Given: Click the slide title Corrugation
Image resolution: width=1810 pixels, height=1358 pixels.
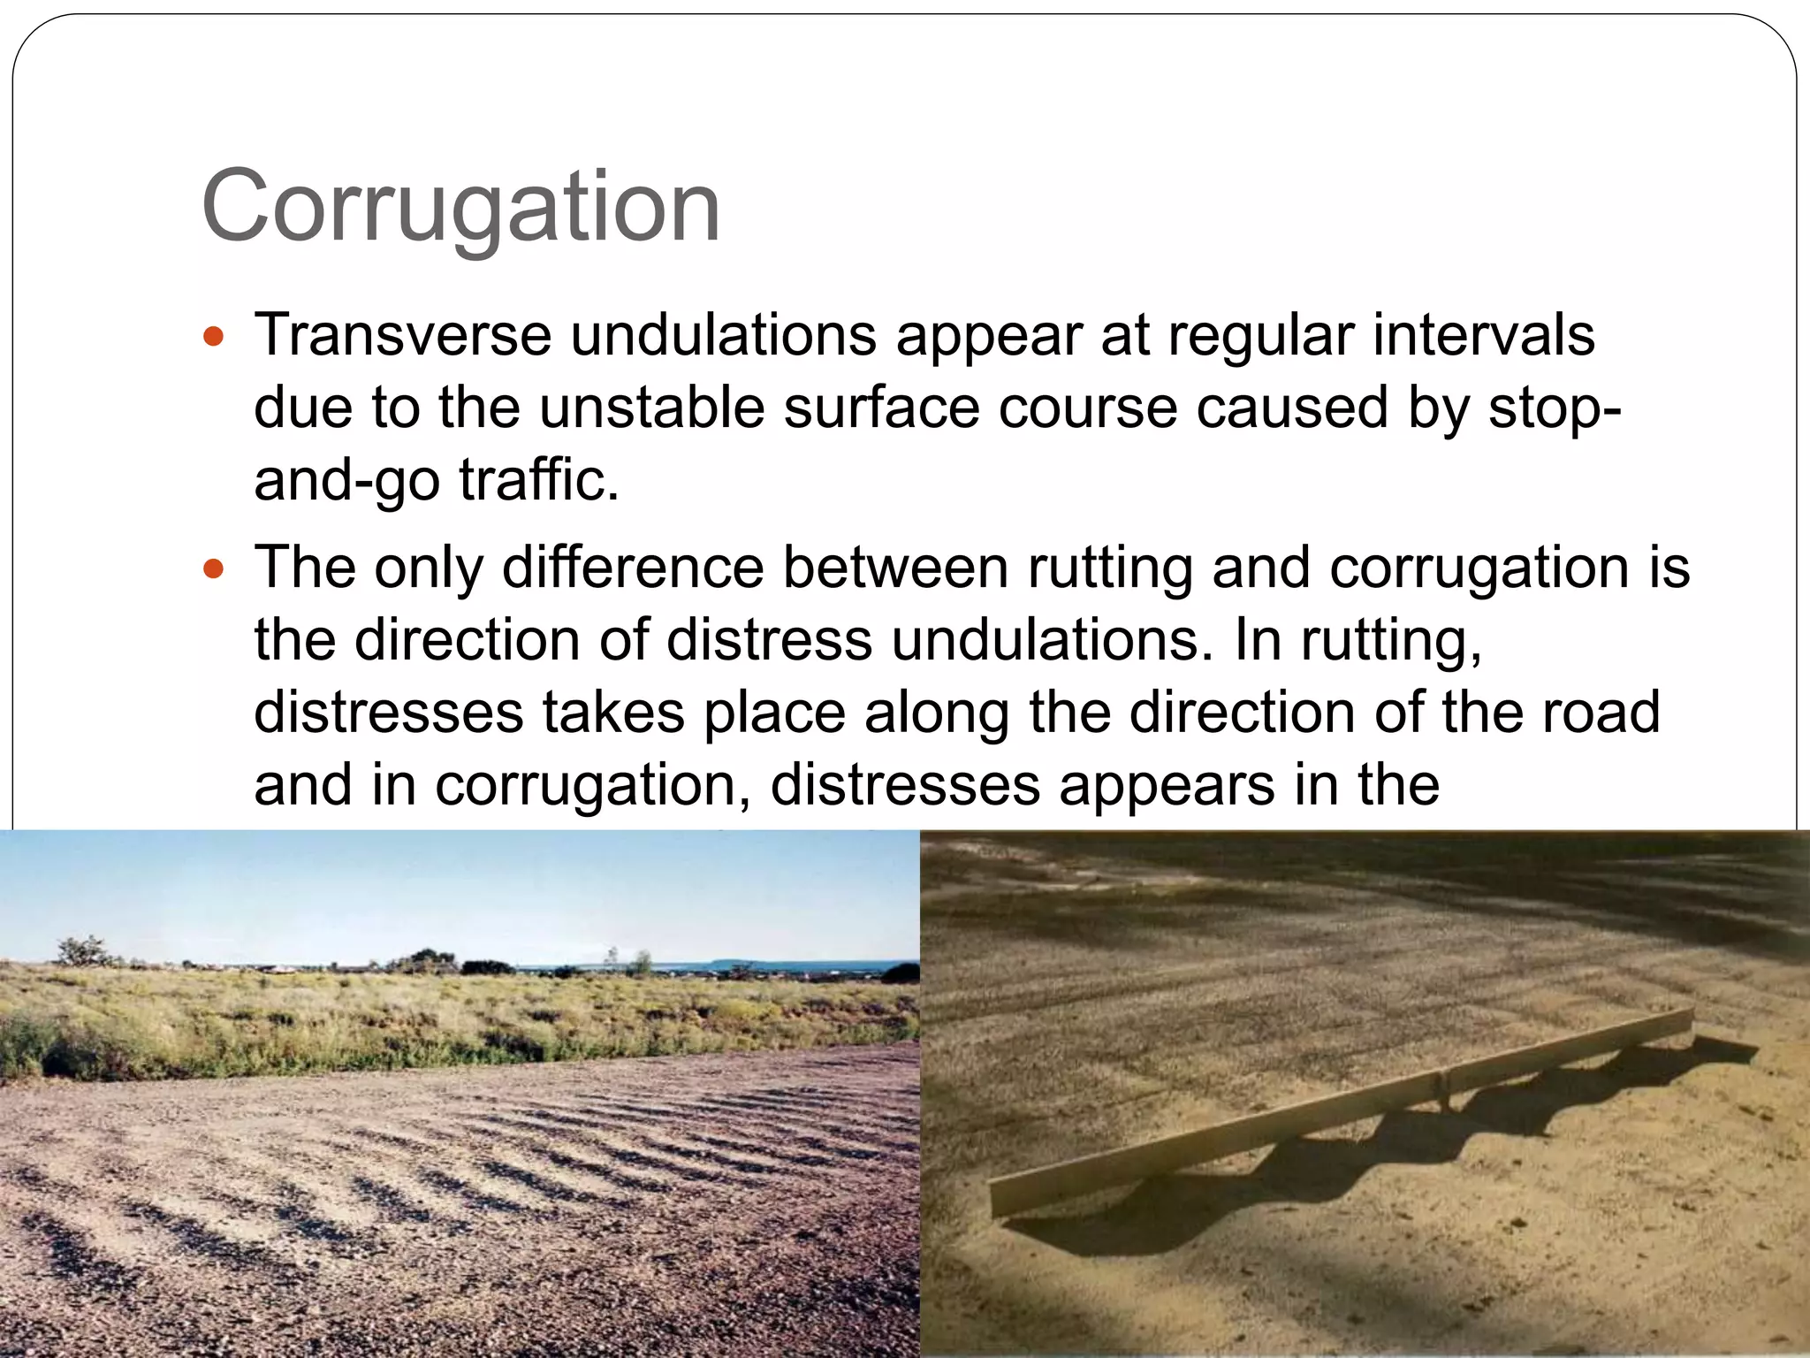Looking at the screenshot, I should pyautogui.click(x=460, y=207).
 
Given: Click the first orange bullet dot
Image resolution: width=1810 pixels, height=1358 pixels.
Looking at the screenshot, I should pyautogui.click(x=213, y=337).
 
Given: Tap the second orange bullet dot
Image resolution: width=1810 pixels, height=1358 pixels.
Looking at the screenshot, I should pyautogui.click(x=213, y=568).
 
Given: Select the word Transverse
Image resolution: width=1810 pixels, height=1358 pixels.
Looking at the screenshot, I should pyautogui.click(x=403, y=336).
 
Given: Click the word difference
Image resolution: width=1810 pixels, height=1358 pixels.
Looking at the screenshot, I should pyautogui.click(x=633, y=568).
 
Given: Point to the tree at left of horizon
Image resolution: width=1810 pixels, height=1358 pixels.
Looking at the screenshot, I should pyautogui.click(x=84, y=950).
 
